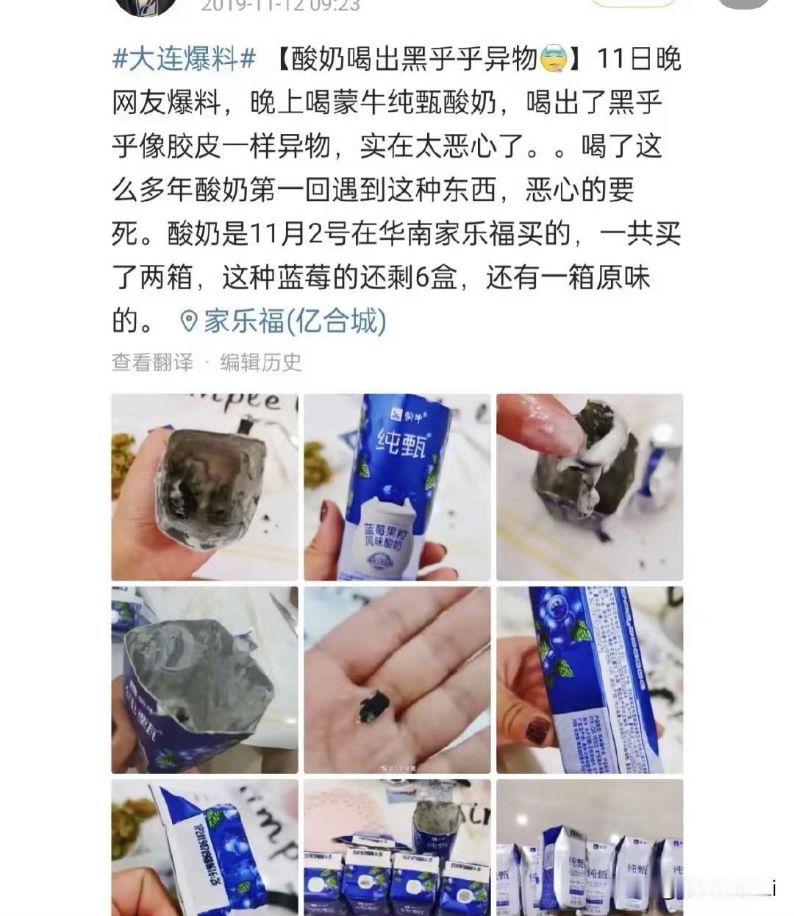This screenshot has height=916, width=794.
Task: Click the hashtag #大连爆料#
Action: click(184, 58)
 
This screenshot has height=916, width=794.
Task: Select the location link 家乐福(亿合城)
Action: click(295, 321)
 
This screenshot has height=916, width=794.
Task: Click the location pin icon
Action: click(189, 322)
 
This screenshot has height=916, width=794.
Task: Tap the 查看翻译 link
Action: click(152, 362)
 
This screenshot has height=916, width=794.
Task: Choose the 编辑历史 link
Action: click(261, 362)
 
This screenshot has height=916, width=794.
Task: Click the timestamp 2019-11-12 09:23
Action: click(280, 6)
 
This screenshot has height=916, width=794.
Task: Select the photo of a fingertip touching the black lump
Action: click(590, 487)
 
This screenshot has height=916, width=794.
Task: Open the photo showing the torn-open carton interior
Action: click(204, 680)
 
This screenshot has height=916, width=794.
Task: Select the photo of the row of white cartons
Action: click(590, 846)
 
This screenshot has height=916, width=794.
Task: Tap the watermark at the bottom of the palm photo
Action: click(397, 767)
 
